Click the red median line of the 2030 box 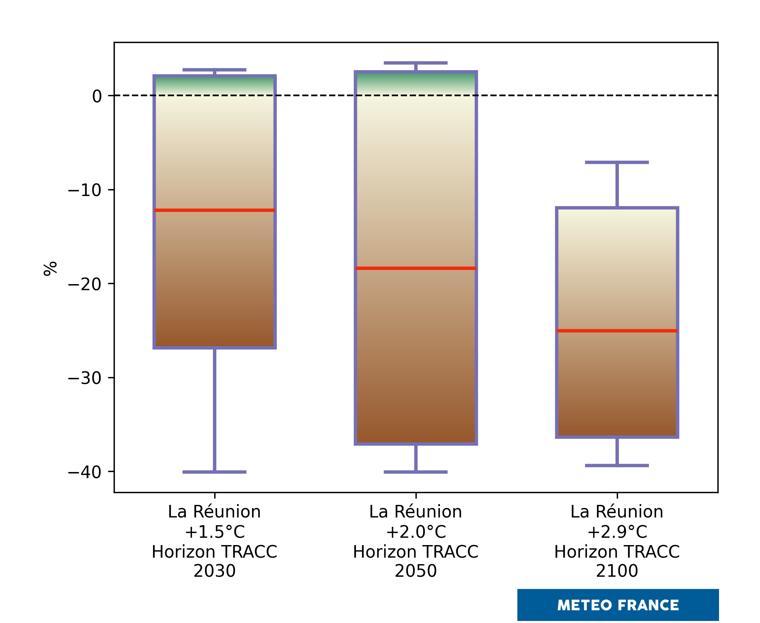pos(214,210)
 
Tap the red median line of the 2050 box pos(416,268)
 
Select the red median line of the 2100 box pos(617,331)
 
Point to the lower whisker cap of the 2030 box pos(214,472)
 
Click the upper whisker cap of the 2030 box pos(214,70)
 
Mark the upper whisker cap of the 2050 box pos(416,63)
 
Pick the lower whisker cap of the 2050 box pos(416,472)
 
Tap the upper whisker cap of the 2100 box pos(617,162)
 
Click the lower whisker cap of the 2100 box pos(617,466)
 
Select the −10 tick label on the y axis pos(85,190)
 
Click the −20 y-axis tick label pos(85,284)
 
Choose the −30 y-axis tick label pos(85,378)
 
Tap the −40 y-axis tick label pos(85,472)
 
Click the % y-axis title pos(50,269)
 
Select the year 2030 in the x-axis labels pos(214,571)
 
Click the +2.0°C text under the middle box pos(416,532)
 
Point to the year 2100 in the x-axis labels pos(617,571)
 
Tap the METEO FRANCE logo pos(618,605)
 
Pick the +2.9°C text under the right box pos(617,532)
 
